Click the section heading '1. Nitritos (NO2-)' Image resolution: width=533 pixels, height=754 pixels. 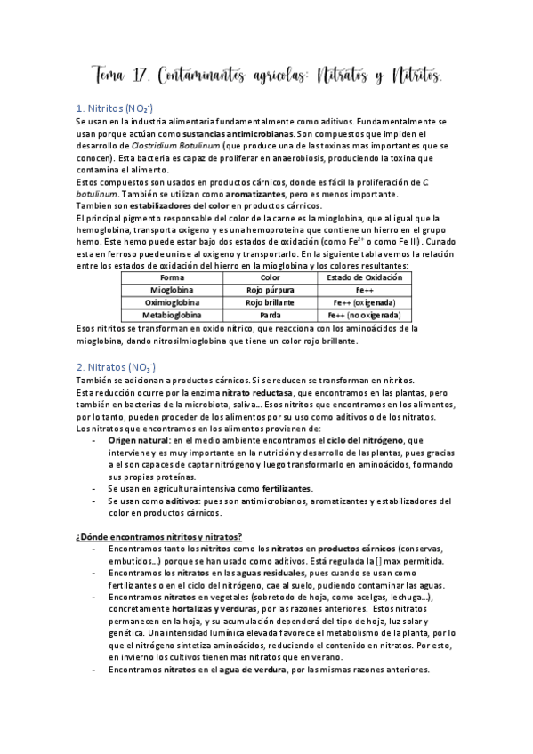115,108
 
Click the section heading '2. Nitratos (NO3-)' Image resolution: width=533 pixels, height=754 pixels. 116,366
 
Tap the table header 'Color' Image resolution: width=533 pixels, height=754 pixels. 269,277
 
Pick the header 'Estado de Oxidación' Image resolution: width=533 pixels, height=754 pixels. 364,277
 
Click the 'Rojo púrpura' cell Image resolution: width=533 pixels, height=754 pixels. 269,290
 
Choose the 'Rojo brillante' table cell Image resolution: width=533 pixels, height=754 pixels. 269,302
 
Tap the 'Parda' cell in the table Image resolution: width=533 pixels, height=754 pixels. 269,315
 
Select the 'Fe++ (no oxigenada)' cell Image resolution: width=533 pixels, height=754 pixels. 364,315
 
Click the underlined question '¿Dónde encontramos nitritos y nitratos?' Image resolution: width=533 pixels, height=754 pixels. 159,535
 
